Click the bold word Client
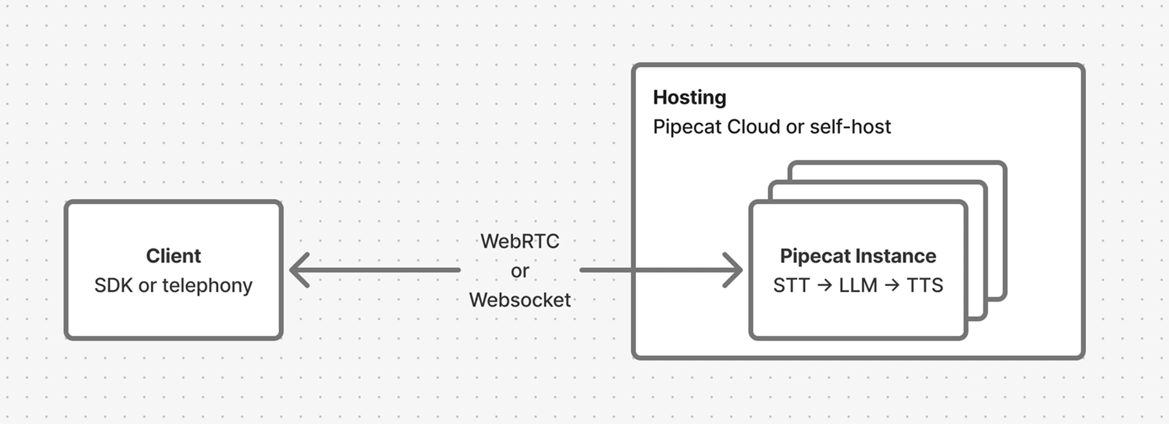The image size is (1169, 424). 173,256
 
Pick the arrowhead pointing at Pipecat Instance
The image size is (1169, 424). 734,269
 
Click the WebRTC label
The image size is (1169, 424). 520,241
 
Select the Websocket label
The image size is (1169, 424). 520,300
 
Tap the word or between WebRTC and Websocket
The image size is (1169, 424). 520,271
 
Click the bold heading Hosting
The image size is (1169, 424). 690,97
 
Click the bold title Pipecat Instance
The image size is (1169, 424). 858,256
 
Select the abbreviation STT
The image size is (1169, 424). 791,285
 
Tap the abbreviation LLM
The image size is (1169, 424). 858,285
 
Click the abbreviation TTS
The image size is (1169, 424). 924,285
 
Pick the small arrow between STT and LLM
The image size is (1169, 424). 824,285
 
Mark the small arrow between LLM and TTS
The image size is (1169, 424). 892,285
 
